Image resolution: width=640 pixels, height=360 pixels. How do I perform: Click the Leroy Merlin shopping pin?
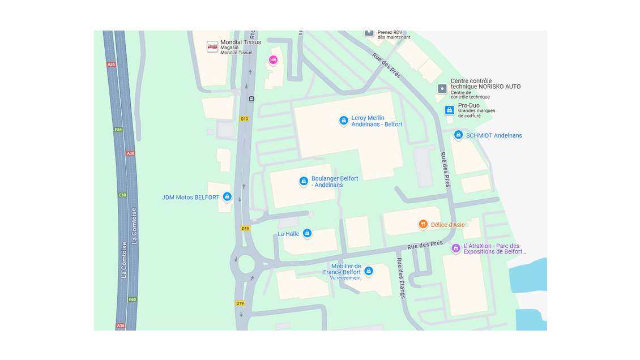click(343, 121)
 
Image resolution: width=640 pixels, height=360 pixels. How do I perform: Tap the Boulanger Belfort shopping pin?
click(304, 181)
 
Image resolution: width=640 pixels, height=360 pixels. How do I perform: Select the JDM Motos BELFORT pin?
click(227, 196)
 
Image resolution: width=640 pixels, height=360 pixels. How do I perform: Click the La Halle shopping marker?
click(307, 233)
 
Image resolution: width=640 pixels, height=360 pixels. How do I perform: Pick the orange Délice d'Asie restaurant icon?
click(423, 225)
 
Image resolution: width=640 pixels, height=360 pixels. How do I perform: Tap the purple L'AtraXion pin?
click(455, 248)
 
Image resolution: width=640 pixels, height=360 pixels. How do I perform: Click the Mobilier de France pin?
click(369, 271)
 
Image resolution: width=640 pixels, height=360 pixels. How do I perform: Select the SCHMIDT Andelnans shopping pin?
click(458, 135)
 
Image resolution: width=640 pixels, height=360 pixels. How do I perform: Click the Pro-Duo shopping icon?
click(449, 110)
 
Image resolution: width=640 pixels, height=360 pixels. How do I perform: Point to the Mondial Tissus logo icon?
click(212, 47)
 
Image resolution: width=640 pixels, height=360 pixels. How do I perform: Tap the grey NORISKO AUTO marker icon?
click(442, 88)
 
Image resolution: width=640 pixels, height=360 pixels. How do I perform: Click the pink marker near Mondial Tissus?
click(273, 59)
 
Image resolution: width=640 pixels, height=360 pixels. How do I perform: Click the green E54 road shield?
click(118, 130)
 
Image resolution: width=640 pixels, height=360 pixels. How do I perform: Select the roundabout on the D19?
click(246, 263)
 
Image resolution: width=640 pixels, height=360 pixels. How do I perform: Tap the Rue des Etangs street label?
click(401, 278)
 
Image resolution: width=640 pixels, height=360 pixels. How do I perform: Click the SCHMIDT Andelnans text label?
click(494, 135)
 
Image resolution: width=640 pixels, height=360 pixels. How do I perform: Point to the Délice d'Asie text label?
click(447, 225)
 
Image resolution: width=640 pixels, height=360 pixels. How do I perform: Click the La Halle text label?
click(288, 234)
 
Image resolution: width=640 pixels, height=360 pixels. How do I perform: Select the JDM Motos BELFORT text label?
click(190, 198)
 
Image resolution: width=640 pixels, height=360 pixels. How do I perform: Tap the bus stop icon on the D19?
click(251, 98)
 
